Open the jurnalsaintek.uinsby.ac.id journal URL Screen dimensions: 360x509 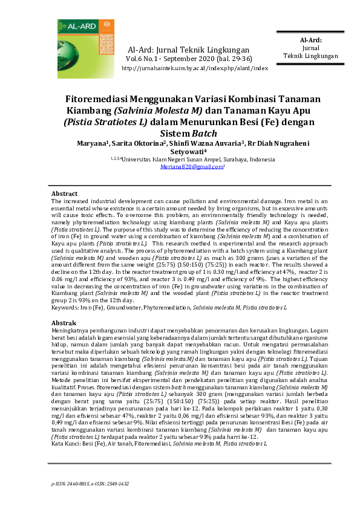pos(194,68)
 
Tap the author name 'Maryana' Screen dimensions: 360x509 pos(91,144)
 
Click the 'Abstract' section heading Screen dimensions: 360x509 pos(64,193)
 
